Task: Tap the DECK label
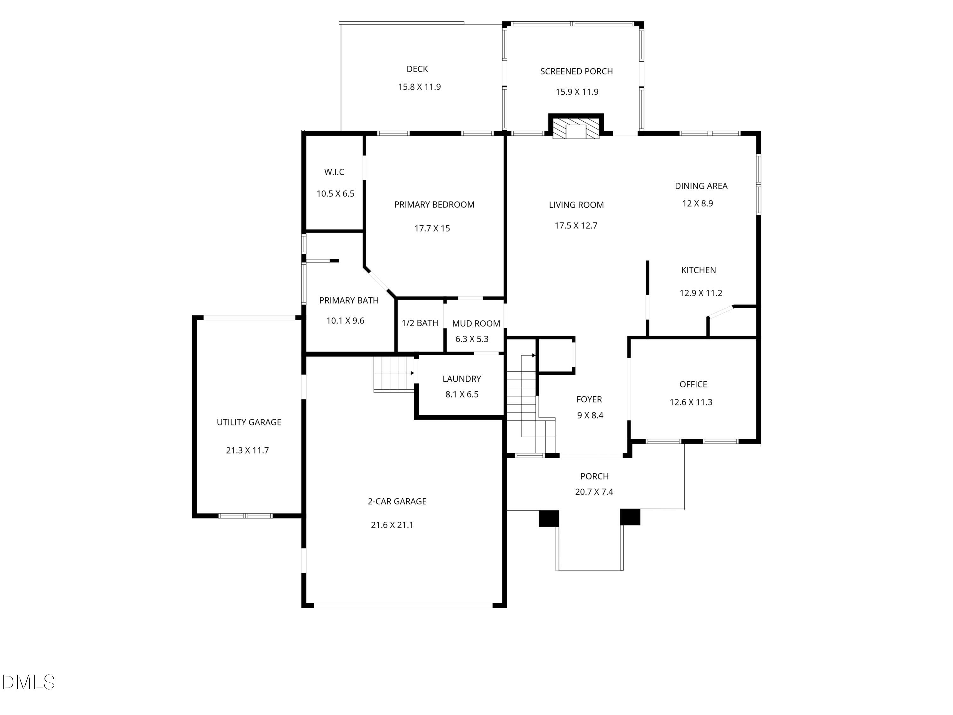tap(417, 69)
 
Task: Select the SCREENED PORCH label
tap(577, 71)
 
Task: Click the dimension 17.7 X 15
tap(432, 228)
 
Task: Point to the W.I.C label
tap(334, 172)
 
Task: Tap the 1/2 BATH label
tap(420, 323)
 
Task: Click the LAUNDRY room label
tap(462, 379)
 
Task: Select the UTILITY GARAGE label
tap(249, 422)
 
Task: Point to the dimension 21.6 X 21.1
tap(392, 525)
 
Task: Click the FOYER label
tap(589, 399)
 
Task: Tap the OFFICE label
tap(693, 385)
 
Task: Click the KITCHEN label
tap(698, 270)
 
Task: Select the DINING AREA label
tap(701, 186)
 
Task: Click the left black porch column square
tap(549, 519)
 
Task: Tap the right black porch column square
tap(630, 517)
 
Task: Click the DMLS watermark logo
tap(29, 682)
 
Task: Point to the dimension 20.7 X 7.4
tap(594, 492)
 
